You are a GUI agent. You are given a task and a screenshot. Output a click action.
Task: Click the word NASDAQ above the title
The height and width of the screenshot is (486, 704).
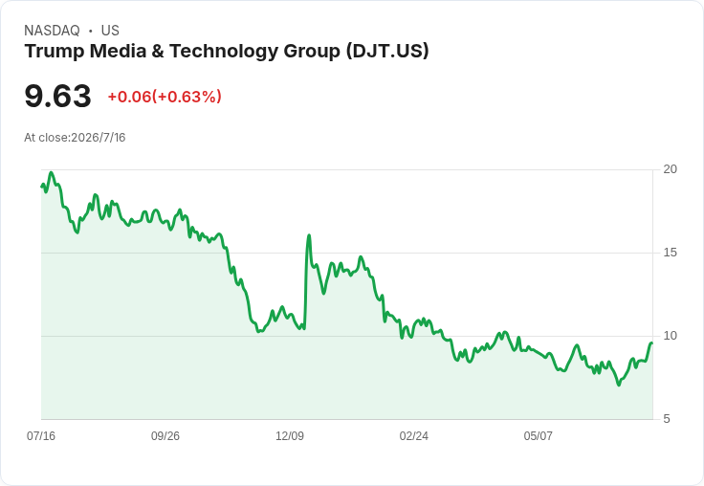pyautogui.click(x=52, y=31)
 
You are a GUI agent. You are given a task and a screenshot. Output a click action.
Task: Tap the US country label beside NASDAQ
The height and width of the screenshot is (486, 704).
pyautogui.click(x=110, y=31)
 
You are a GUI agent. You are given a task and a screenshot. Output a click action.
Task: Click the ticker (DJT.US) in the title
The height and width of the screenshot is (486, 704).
pyautogui.click(x=387, y=52)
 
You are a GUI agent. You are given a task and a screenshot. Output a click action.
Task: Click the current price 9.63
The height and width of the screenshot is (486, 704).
pyautogui.click(x=58, y=96)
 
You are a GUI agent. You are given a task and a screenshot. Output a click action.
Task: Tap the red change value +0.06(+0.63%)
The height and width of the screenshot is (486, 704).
pyautogui.click(x=165, y=97)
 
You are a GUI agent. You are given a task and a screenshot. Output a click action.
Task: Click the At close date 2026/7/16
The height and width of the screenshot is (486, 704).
pyautogui.click(x=99, y=138)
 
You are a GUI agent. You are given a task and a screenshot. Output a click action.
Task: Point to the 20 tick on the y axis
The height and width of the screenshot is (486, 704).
pyautogui.click(x=670, y=169)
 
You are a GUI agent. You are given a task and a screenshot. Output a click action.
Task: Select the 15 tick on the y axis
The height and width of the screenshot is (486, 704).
pyautogui.click(x=670, y=253)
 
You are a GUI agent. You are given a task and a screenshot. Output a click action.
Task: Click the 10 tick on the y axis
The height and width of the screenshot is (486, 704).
pyautogui.click(x=670, y=336)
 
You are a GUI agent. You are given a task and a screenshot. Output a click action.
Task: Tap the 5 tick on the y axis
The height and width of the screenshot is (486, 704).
pyautogui.click(x=667, y=419)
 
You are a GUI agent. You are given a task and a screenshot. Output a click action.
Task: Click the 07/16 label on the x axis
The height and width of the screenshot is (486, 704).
pyautogui.click(x=41, y=435)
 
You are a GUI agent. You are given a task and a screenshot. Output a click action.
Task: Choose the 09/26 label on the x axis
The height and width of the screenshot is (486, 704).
pyautogui.click(x=165, y=435)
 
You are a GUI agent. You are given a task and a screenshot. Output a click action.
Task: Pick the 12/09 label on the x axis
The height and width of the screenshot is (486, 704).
pyautogui.click(x=290, y=435)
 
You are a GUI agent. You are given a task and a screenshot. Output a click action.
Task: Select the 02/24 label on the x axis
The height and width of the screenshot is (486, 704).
pyautogui.click(x=413, y=435)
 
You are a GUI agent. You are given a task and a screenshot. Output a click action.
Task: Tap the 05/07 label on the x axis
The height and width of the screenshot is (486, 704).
pyautogui.click(x=538, y=435)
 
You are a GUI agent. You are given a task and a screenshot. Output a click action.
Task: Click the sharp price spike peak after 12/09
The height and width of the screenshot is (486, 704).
pyautogui.click(x=309, y=235)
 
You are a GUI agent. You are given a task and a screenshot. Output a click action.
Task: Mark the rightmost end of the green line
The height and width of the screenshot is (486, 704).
pyautogui.click(x=652, y=343)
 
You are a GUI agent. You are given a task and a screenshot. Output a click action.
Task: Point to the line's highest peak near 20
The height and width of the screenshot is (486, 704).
pyautogui.click(x=52, y=172)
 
